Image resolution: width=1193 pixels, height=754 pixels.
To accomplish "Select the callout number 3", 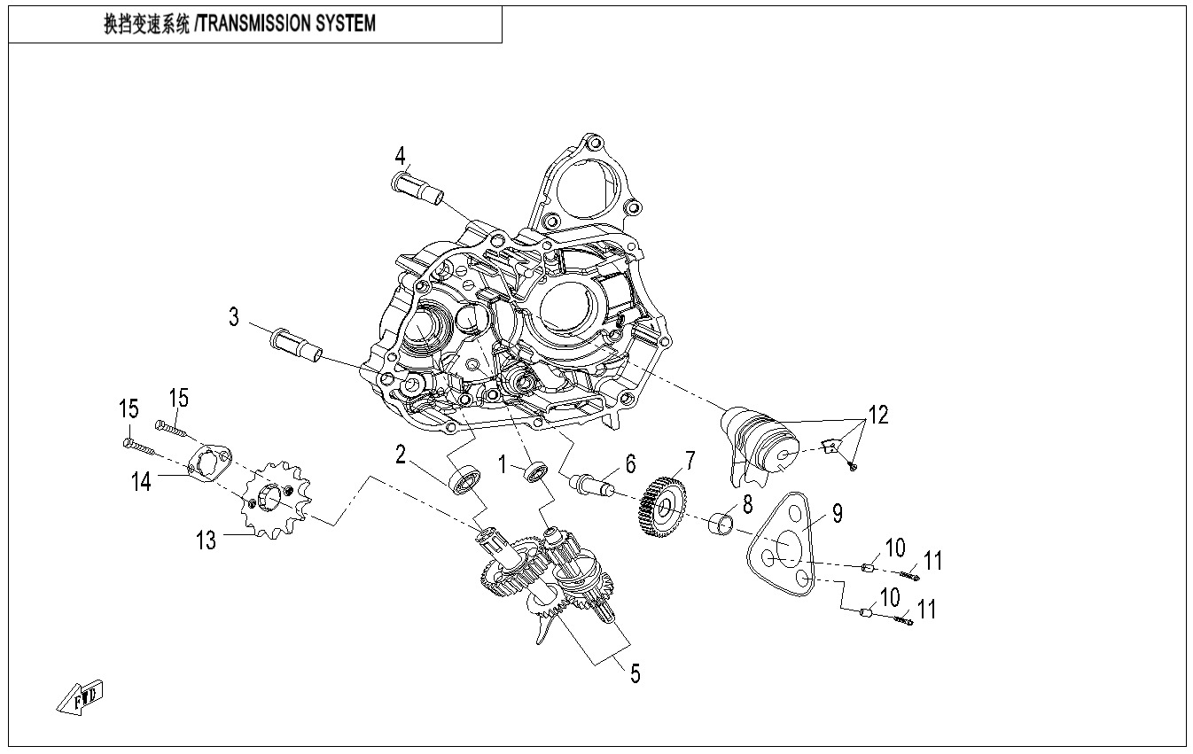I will coord(234,317).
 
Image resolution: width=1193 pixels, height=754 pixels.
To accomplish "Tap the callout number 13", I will coord(207,540).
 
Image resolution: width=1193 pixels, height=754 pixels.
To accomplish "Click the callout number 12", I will coord(877,414).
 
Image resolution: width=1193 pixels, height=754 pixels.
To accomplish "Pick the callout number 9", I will coord(837,512).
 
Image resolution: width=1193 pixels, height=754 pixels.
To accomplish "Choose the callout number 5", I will coord(635,673).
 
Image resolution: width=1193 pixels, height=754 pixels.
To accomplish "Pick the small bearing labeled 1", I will coord(535,472).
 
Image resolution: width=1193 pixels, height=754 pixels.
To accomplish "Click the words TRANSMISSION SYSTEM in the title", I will coord(287,24).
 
